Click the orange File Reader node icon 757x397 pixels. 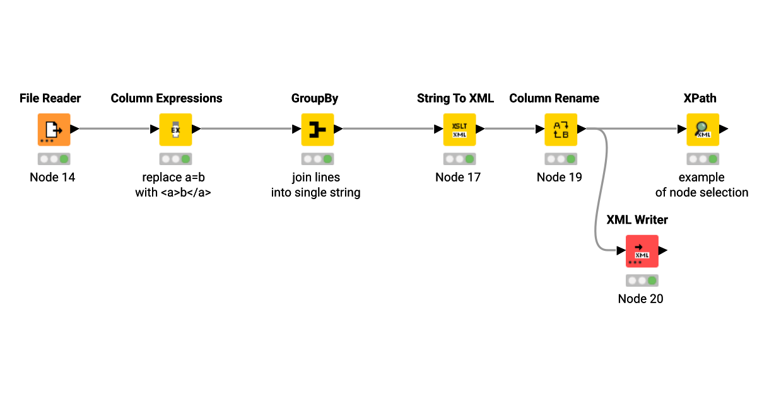tap(54, 129)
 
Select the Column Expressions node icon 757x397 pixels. tap(175, 129)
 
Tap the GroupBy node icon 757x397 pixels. tap(317, 129)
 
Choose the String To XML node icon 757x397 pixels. tap(459, 129)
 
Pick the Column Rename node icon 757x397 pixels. tap(561, 129)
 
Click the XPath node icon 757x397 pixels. tap(703, 129)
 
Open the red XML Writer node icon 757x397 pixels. tap(642, 251)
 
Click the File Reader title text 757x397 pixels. tap(50, 98)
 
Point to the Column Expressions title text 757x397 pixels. tap(167, 98)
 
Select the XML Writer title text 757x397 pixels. tap(637, 220)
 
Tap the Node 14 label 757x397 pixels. tap(52, 177)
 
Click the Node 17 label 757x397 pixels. tap(458, 177)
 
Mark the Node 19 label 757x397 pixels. tap(560, 177)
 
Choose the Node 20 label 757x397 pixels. tap(640, 299)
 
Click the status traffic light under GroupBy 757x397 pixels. tap(317, 159)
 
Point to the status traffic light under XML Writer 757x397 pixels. tap(642, 280)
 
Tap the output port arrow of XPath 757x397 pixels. tap(724, 129)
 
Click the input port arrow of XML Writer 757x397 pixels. tap(621, 251)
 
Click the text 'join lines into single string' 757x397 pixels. tap(315, 185)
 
